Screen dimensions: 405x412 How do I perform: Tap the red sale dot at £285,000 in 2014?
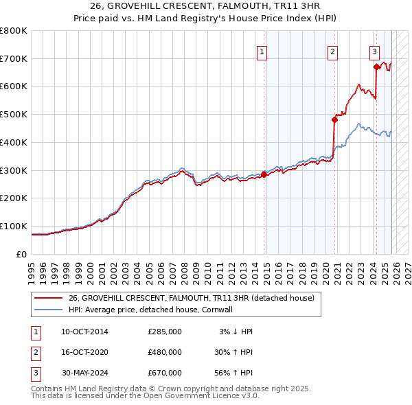(264, 174)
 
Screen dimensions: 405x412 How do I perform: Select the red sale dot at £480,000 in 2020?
(334, 119)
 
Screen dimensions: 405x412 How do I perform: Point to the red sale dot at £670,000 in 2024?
(376, 67)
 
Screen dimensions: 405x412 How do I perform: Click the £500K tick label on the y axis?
(14, 115)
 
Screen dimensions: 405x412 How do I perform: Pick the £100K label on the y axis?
(14, 226)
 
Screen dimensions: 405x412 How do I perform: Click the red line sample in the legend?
(48, 298)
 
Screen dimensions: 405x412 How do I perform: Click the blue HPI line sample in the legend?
(48, 310)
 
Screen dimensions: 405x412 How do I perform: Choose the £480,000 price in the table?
(165, 352)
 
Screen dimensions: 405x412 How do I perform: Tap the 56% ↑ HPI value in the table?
(233, 373)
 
